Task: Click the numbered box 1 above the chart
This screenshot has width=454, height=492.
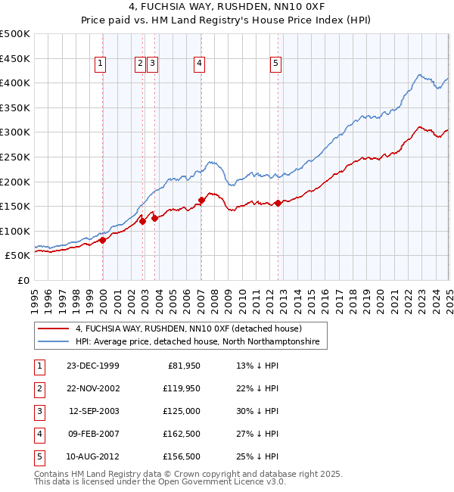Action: click(101, 64)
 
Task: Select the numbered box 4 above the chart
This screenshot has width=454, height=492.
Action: click(199, 64)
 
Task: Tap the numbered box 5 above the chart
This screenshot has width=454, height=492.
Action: click(275, 64)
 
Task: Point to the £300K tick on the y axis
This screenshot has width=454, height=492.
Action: click(15, 132)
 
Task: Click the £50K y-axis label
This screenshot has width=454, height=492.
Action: click(17, 256)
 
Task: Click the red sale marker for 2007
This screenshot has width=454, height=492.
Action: click(201, 201)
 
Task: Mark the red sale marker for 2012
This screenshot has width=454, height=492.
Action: click(278, 203)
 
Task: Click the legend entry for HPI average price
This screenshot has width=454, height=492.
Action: click(197, 342)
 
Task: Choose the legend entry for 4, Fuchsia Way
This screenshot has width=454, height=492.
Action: click(188, 329)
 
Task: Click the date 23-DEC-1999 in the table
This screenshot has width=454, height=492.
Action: click(92, 366)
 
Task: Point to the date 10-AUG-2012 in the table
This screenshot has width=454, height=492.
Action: click(92, 456)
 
